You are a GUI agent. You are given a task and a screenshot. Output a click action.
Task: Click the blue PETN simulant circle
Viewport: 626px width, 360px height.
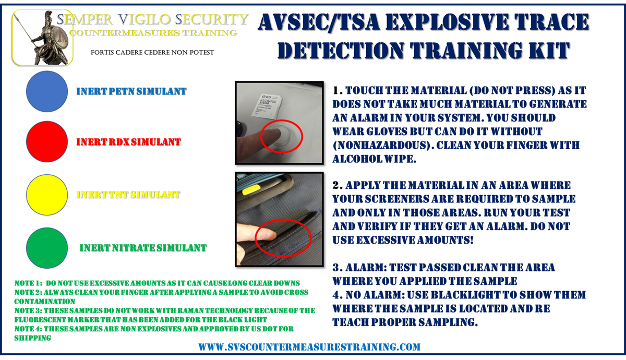(x=47, y=91)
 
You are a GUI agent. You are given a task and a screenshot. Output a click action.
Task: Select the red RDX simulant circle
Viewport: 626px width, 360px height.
(x=47, y=142)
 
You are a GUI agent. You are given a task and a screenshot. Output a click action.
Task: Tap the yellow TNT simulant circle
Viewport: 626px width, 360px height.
(x=47, y=195)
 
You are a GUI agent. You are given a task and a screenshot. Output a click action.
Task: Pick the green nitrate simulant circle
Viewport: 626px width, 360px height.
(x=47, y=247)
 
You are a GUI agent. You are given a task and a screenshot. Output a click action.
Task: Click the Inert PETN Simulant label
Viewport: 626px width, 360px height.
(x=131, y=91)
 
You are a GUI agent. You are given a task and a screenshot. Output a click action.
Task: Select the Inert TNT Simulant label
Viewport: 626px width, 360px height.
(x=128, y=195)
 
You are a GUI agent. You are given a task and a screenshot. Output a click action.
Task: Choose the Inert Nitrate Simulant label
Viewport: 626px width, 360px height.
(x=143, y=248)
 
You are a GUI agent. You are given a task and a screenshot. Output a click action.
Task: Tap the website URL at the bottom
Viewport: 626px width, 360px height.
(x=310, y=346)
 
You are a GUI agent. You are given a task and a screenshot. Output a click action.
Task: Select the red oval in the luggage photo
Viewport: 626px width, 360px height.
(x=284, y=235)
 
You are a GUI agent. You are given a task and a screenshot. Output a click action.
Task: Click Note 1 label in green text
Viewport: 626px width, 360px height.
(x=29, y=283)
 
